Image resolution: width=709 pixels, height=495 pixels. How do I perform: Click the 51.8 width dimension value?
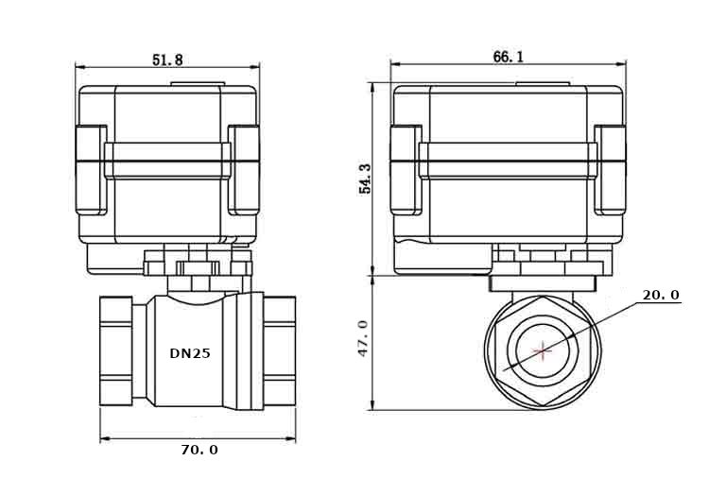(x=167, y=59)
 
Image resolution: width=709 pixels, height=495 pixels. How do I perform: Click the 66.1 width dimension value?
(x=508, y=57)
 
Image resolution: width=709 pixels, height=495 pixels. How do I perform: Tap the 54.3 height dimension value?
(x=365, y=179)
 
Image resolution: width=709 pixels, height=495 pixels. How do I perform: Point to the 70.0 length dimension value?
(x=199, y=450)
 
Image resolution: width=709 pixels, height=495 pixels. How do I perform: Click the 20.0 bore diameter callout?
(x=661, y=295)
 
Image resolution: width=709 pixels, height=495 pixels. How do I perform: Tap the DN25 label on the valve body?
(x=190, y=354)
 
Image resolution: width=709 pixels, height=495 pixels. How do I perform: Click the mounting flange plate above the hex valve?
(x=544, y=281)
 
